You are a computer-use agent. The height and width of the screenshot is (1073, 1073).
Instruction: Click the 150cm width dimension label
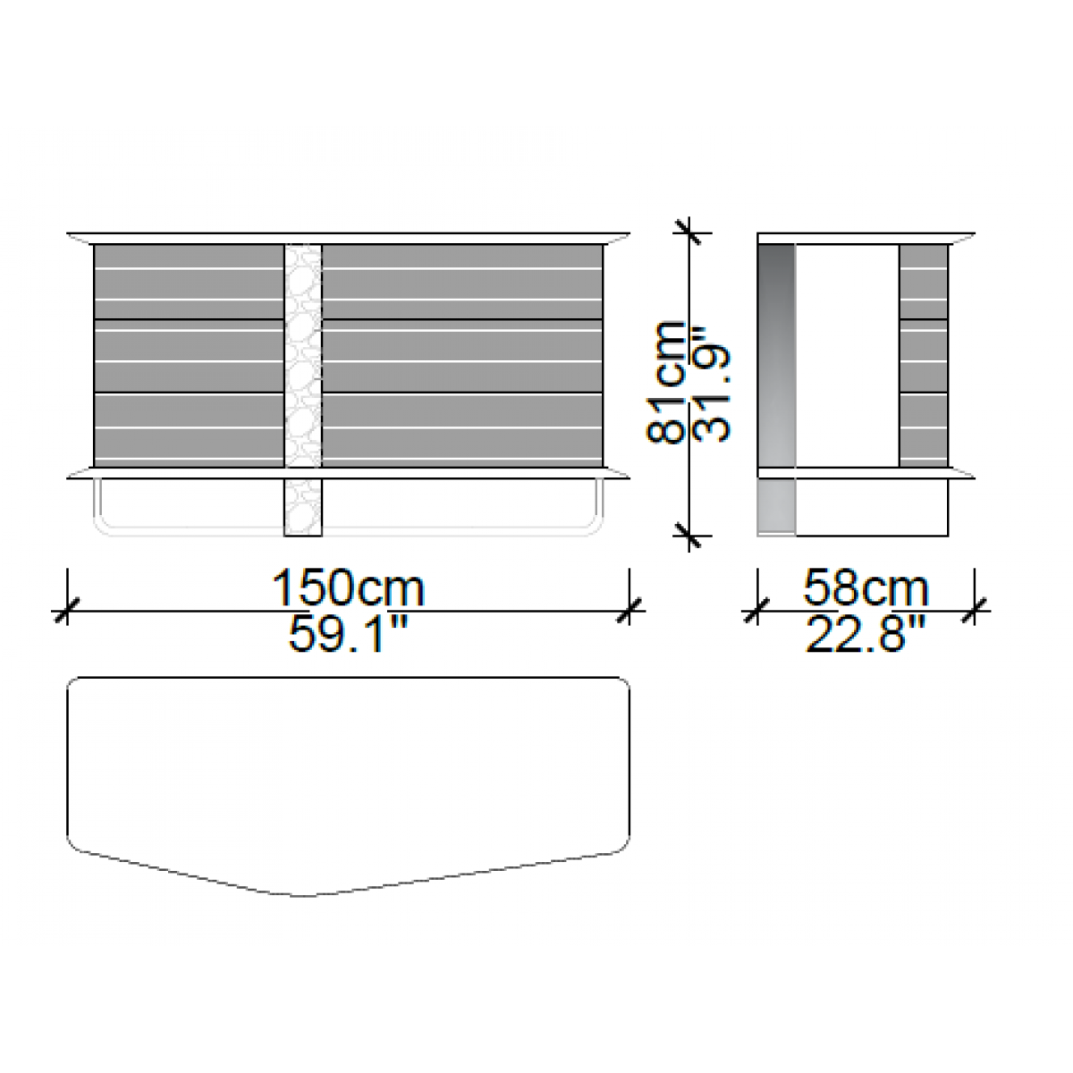(x=348, y=587)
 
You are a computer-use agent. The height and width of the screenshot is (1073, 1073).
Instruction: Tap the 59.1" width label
(x=348, y=634)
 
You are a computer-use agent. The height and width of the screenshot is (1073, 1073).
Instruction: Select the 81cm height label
(x=666, y=383)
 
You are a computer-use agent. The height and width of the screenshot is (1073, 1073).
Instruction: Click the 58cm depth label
(x=866, y=587)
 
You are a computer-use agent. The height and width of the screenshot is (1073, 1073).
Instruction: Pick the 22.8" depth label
(x=866, y=634)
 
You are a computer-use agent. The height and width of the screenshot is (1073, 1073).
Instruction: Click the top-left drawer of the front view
(x=189, y=282)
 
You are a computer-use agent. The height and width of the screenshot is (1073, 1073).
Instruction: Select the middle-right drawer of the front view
(x=462, y=357)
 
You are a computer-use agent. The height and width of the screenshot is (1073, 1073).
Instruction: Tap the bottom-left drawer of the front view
(x=189, y=430)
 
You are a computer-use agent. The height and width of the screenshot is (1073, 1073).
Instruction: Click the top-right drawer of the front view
(x=462, y=282)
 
